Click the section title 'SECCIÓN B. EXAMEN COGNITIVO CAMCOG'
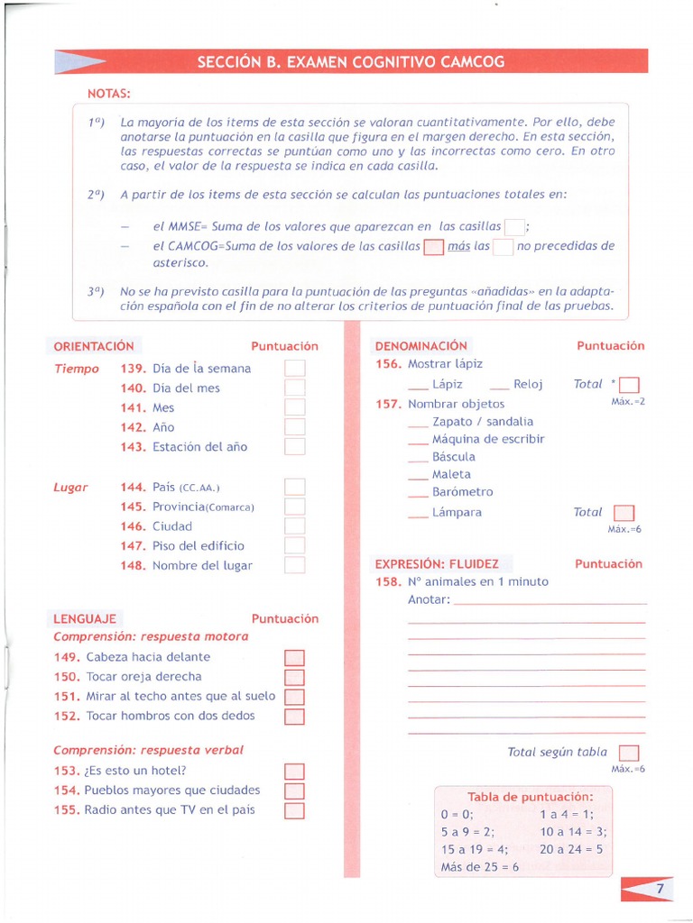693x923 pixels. [x=351, y=61]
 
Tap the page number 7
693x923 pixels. [x=661, y=889]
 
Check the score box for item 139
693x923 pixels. [x=295, y=368]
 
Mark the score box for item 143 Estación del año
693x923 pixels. [x=295, y=446]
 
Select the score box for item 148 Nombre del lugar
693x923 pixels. [x=295, y=565]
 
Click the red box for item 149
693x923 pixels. [x=295, y=657]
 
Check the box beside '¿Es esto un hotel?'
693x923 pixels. [x=295, y=771]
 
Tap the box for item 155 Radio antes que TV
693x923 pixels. [x=295, y=809]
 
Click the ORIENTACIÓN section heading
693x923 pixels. [x=93, y=346]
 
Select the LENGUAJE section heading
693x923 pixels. [x=84, y=618]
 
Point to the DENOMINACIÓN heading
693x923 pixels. [x=420, y=346]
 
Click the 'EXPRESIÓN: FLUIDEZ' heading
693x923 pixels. [x=437, y=563]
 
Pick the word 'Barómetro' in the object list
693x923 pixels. [x=463, y=492]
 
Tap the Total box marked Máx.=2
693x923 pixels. [x=630, y=385]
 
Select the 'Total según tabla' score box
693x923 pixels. [x=629, y=753]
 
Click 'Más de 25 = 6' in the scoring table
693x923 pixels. [x=480, y=867]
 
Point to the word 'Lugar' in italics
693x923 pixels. [x=70, y=487]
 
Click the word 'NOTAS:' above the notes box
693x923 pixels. [x=108, y=93]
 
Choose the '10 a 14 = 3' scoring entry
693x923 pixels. [x=573, y=831]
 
